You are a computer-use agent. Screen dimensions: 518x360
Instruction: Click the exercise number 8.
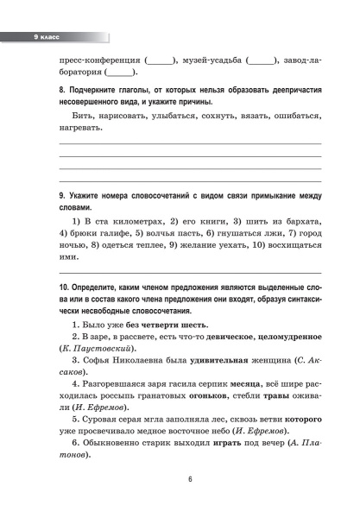pyautogui.click(x=60, y=89)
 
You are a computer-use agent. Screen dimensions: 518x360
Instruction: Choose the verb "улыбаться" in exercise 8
pyautogui.click(x=189, y=114)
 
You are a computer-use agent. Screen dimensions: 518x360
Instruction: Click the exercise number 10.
pyautogui.click(x=64, y=286)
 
